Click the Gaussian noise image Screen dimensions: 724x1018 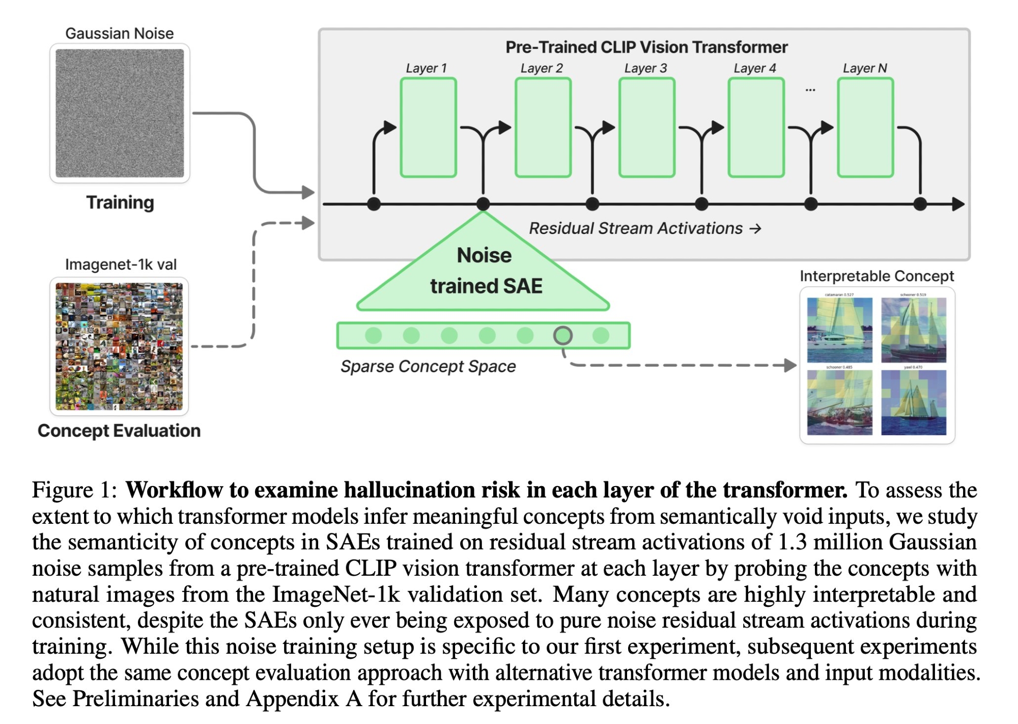[120, 113]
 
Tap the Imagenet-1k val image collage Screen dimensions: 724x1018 [119, 346]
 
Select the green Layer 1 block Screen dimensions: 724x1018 [428, 127]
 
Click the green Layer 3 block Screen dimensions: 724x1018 [646, 127]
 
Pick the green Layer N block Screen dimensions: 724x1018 [865, 127]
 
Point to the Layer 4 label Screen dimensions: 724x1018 [754, 68]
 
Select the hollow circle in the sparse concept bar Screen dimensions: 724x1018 [562, 335]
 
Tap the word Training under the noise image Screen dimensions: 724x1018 [120, 202]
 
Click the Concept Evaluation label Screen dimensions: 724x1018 [119, 431]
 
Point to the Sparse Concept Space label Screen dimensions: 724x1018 [428, 366]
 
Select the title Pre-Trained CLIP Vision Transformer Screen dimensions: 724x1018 [646, 47]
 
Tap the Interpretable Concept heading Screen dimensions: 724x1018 [876, 276]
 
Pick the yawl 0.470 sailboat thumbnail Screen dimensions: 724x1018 [914, 403]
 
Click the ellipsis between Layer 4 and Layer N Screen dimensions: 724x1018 [810, 90]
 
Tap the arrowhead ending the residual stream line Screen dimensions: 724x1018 [958, 204]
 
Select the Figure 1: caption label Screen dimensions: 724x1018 [74, 490]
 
